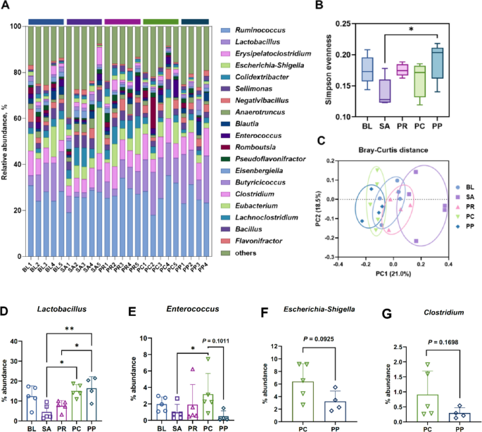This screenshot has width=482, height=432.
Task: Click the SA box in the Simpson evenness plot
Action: (384, 91)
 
